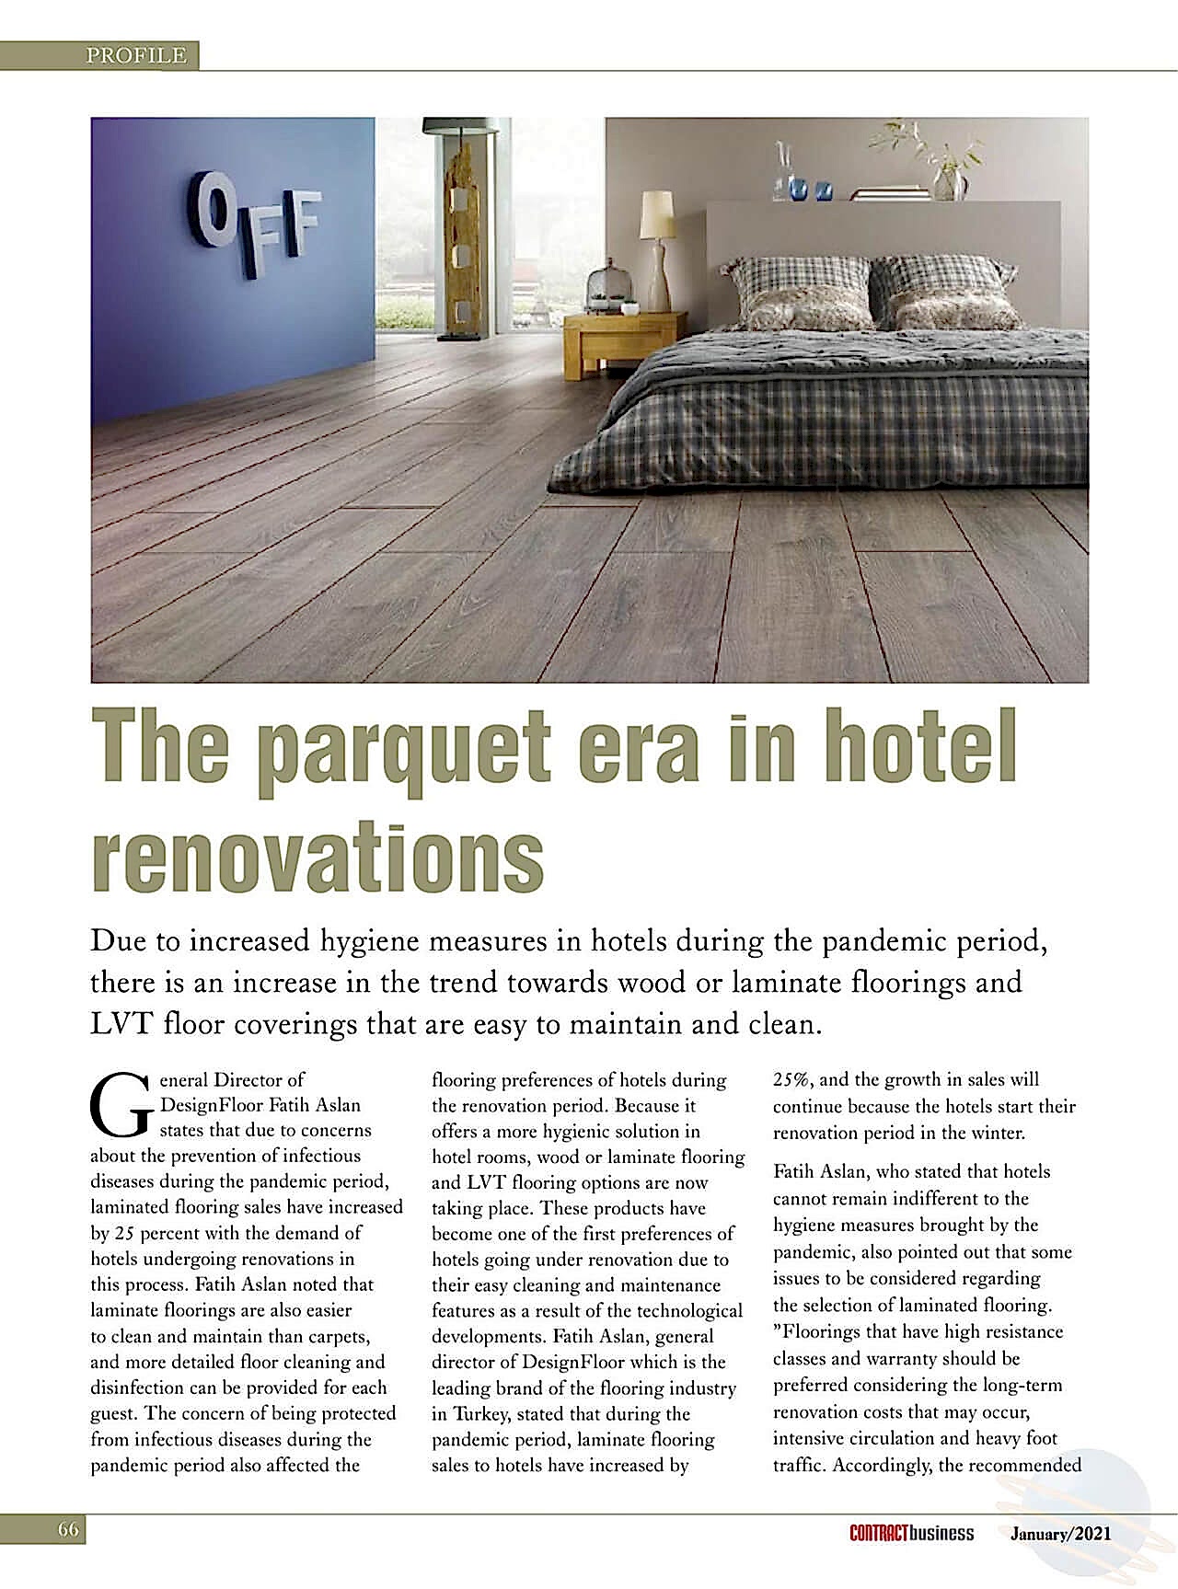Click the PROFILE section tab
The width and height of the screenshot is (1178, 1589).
[x=135, y=55]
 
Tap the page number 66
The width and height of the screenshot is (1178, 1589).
[x=68, y=1531]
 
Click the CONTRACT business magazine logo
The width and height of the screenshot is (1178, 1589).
[x=910, y=1533]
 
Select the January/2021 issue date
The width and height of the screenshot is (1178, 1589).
[x=1060, y=1533]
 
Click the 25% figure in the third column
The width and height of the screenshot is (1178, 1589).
[x=792, y=1079]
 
